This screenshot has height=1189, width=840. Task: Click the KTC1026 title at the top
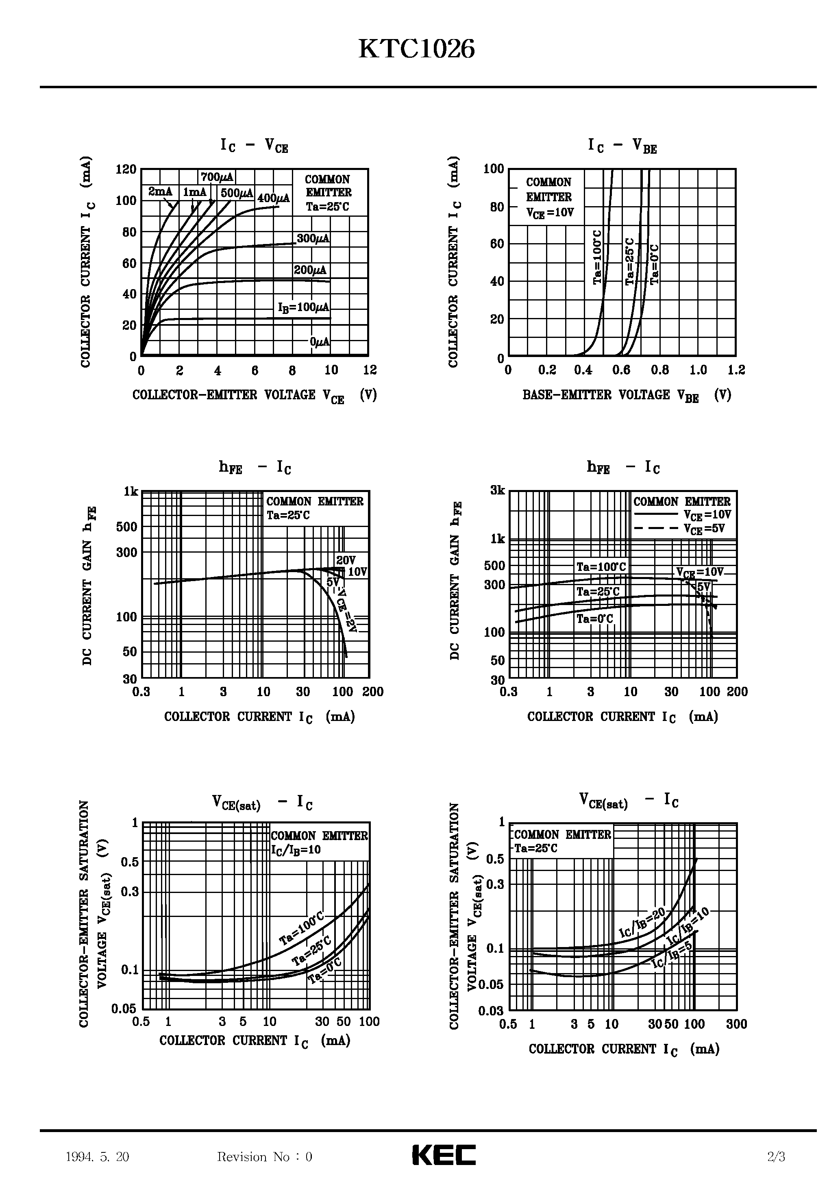coord(416,50)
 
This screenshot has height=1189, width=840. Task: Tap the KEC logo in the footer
coord(444,1155)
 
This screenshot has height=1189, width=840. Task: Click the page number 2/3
coord(776,1156)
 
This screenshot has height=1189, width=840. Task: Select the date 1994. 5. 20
coord(97,1156)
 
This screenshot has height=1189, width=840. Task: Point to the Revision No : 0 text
coord(265,1156)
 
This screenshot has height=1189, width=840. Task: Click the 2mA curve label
coord(160,192)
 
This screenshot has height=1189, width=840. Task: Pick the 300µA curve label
coord(313,239)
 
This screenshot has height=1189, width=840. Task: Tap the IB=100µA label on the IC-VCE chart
coord(303,307)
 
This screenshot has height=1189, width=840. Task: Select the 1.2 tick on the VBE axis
coord(736,370)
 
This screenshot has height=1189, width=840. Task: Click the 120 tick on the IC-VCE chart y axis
coord(126,169)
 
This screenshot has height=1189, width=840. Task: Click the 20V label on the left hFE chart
coord(346,560)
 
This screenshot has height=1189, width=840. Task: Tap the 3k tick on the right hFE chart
coord(497,490)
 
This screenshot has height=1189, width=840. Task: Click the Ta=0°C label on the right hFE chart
coord(594,619)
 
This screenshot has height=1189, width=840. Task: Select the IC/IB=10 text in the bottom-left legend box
coord(296,850)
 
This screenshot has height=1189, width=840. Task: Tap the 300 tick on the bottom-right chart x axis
coord(736,1024)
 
